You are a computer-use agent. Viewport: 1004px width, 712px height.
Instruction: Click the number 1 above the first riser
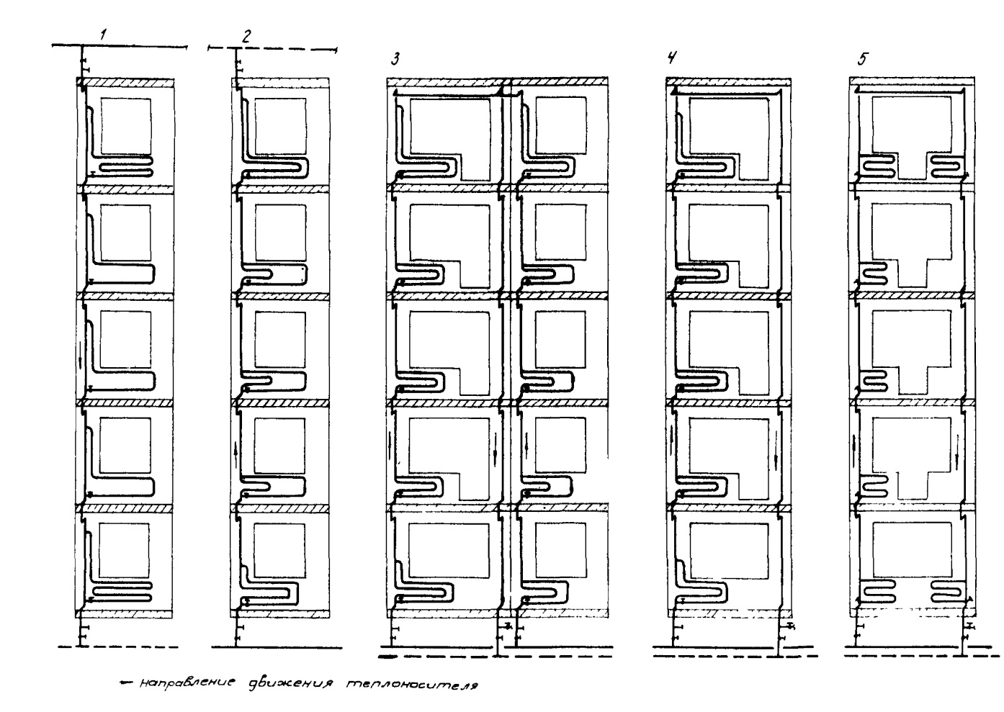104,35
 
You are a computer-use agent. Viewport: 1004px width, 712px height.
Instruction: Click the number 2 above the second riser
246,36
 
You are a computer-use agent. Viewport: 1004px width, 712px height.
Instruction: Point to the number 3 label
395,59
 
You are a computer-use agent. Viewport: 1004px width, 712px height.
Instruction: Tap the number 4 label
671,58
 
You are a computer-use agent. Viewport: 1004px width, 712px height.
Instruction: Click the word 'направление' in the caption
187,683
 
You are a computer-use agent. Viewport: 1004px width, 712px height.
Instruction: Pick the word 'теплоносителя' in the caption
412,685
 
